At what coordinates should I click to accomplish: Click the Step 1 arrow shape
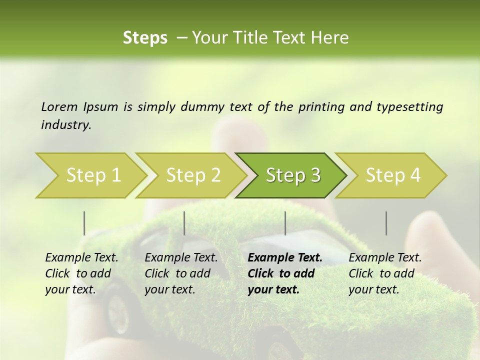(90, 175)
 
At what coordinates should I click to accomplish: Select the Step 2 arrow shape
(192, 175)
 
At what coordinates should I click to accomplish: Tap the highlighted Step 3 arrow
(292, 175)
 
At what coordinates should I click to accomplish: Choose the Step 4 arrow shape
(392, 175)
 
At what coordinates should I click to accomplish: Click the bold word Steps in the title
(145, 38)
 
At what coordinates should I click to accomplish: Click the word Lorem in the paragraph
(59, 106)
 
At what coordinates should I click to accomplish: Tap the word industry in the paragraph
(65, 124)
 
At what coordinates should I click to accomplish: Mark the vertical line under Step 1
(84, 223)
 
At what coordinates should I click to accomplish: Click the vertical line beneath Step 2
(184, 223)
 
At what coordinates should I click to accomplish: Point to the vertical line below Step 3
(285, 223)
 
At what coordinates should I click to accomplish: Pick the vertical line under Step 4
(386, 223)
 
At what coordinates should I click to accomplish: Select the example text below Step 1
(81, 273)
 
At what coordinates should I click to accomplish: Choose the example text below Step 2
(181, 273)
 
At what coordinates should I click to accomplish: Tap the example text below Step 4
(385, 273)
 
